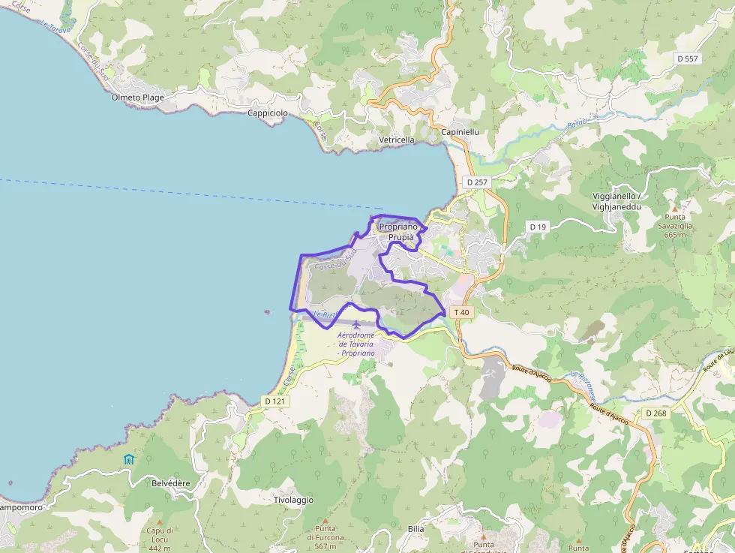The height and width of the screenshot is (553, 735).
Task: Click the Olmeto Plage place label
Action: coord(137,98)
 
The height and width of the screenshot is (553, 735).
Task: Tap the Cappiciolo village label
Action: coord(268,113)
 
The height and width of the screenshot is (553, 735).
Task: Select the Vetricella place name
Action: coord(397,140)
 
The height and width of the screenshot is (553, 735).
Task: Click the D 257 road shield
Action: coord(476,182)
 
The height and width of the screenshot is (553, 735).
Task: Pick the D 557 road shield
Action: coord(687,58)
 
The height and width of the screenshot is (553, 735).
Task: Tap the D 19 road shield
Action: coord(537,227)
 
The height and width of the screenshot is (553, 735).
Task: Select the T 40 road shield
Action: coord(461,312)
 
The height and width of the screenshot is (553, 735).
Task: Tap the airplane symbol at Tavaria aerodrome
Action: coord(355,324)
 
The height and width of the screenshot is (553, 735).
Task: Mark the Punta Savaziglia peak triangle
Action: coord(673,208)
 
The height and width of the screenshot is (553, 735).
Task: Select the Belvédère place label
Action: coord(171,483)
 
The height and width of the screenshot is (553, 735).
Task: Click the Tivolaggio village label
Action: coord(293,500)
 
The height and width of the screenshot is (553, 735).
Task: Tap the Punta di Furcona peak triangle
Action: coord(325,520)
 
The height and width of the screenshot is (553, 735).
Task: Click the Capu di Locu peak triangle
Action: coord(160,521)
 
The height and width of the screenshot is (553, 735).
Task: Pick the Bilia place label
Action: coord(415,529)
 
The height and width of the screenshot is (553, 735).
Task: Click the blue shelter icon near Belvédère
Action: coord(129,458)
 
